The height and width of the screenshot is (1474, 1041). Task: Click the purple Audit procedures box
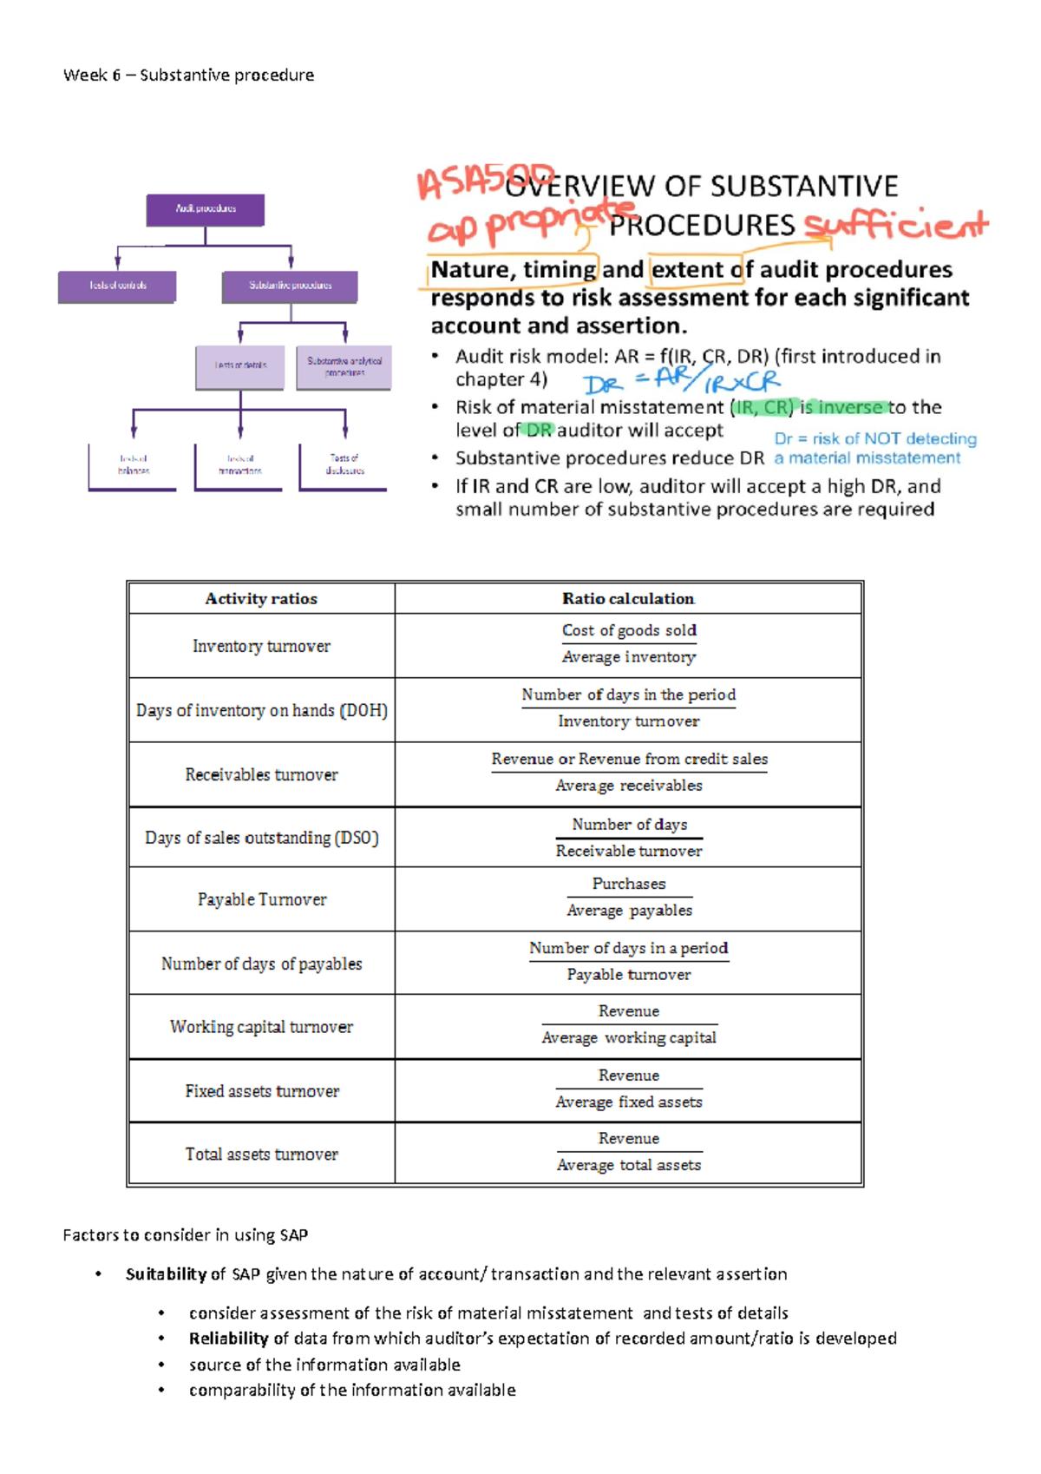[206, 209]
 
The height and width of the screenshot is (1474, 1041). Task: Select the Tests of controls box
[117, 286]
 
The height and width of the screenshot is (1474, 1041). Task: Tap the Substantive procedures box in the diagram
[290, 286]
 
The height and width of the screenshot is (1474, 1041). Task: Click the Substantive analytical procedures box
[344, 367]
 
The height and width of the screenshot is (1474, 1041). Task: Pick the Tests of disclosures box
[344, 464]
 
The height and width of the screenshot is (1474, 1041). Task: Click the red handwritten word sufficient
[895, 226]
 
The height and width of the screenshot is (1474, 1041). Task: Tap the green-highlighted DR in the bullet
[539, 431]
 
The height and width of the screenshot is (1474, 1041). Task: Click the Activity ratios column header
[261, 599]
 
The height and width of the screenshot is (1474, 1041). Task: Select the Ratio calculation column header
[628, 599]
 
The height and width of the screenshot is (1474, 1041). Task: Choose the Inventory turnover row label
[261, 646]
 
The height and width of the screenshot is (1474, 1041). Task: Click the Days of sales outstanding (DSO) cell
[261, 838]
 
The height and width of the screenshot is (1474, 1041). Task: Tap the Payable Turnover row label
[261, 900]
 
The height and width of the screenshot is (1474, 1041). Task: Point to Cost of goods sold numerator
[629, 630]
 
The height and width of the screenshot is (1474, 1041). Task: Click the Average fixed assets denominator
[629, 1102]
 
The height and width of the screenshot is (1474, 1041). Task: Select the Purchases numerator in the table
[629, 884]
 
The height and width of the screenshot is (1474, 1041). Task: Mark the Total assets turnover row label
[261, 1155]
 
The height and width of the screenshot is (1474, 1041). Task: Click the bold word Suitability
[166, 1274]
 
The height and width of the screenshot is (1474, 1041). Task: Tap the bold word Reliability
[229, 1339]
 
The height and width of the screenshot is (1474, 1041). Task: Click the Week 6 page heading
[188, 76]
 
